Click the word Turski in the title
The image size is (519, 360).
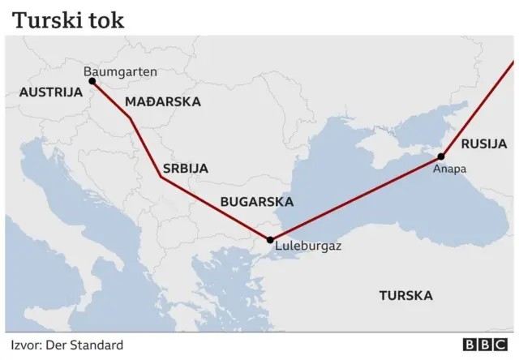(x=46, y=19)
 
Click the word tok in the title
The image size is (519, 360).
(x=106, y=19)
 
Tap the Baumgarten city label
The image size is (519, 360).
(x=121, y=72)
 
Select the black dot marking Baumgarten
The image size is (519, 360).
(x=92, y=82)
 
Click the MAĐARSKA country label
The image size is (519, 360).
(x=163, y=102)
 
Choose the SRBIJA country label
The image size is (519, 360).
(x=186, y=169)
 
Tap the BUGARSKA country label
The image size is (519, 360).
(x=257, y=202)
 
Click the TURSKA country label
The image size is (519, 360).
(x=405, y=295)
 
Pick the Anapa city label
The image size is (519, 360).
(x=449, y=169)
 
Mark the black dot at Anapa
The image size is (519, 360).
(x=442, y=156)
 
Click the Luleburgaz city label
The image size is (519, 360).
(x=308, y=244)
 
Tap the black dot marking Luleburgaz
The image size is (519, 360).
(x=270, y=239)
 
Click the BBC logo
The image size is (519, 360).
(x=484, y=345)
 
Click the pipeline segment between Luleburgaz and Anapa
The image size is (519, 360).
(x=357, y=198)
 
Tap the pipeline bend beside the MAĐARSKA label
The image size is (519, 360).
(x=131, y=119)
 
